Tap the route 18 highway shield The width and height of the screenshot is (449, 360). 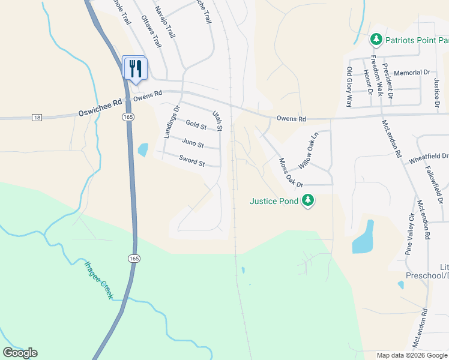(37, 116)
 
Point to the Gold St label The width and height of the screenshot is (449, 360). (196, 125)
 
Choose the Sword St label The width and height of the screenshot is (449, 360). (191, 160)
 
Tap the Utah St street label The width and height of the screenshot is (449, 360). (217, 121)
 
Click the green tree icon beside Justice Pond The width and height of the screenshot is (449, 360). (308, 200)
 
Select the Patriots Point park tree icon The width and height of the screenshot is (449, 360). (376, 40)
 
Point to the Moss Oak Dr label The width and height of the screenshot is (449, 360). (292, 172)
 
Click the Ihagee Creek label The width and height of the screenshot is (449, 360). (98, 280)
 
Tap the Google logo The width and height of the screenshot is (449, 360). (20, 353)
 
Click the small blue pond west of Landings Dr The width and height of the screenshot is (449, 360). (143, 149)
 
